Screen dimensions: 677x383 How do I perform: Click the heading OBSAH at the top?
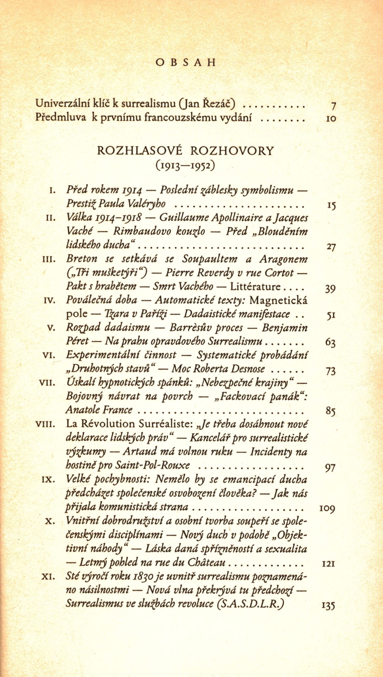(x=185, y=63)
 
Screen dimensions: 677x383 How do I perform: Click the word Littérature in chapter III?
(x=255, y=287)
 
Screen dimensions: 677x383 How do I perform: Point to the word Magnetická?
(x=278, y=300)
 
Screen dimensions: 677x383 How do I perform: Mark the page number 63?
(x=331, y=343)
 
